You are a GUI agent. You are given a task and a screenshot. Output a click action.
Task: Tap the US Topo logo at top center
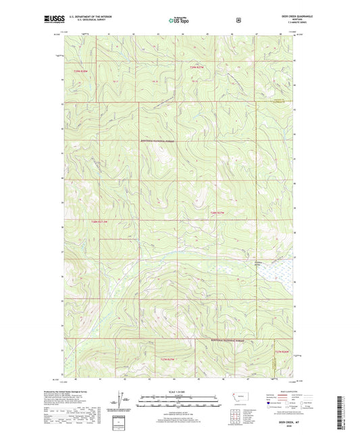tap(179, 20)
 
